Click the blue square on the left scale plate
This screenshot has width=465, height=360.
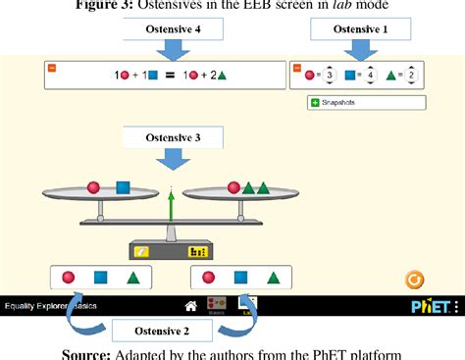(x=123, y=186)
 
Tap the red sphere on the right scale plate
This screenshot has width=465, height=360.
(x=232, y=186)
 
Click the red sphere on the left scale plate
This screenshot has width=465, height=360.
(x=94, y=186)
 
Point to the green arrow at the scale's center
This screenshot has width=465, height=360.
(x=171, y=209)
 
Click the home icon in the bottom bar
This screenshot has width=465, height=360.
(x=191, y=306)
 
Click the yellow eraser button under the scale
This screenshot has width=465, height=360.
(x=143, y=251)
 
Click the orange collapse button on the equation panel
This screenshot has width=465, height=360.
(x=52, y=68)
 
